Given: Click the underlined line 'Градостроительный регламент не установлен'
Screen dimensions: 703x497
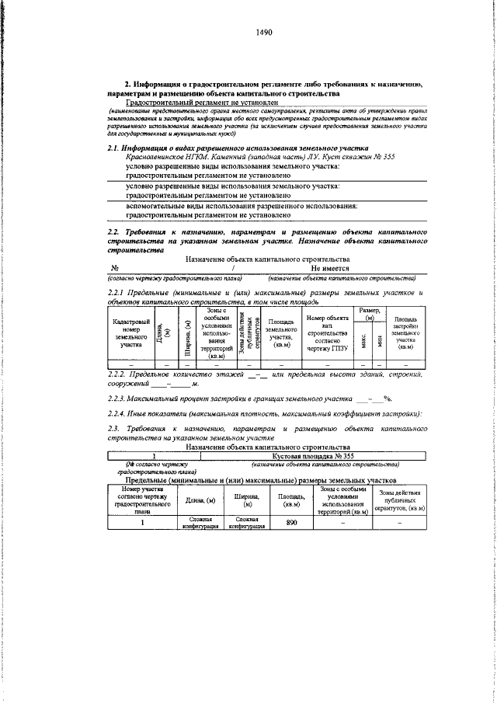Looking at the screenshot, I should coord(201,102).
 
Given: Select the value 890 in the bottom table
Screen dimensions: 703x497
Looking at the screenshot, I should coord(292,522).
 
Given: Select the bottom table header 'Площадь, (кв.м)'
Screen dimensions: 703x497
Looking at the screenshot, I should coord(292,497).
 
